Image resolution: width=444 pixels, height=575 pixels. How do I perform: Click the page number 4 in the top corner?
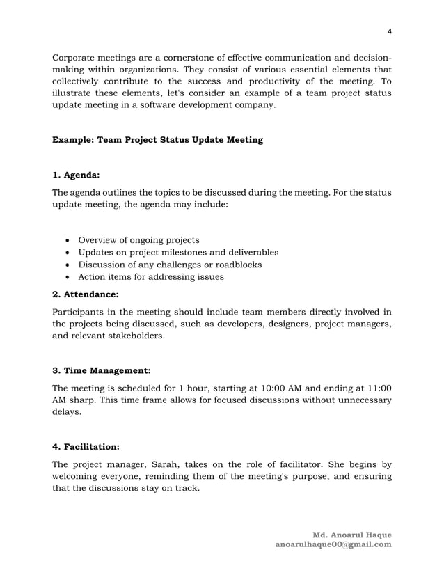point(390,31)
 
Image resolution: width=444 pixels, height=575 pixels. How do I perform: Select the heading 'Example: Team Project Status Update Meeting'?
point(158,140)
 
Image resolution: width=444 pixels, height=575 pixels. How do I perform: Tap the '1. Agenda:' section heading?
point(77,176)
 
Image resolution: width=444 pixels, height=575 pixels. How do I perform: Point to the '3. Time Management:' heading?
point(102,370)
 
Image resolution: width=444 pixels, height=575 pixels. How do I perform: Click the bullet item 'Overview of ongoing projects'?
point(138,239)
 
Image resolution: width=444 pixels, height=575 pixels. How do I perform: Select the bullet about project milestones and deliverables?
point(178,252)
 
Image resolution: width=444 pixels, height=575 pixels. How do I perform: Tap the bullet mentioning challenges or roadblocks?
point(170,265)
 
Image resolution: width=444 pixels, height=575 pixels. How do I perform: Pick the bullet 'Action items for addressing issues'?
point(151,277)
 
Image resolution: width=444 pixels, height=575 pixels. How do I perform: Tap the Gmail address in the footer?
point(333,544)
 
